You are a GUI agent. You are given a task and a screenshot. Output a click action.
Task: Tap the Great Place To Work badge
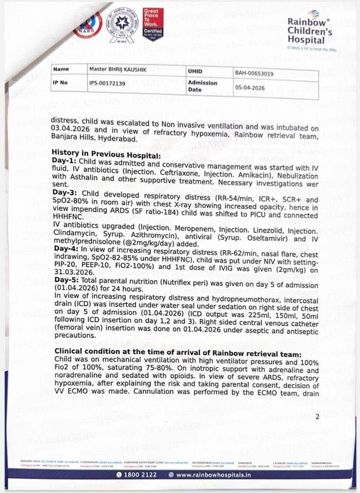[153, 24]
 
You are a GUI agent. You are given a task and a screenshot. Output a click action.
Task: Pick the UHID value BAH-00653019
[254, 73]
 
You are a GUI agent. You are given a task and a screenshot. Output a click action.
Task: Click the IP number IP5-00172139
[107, 83]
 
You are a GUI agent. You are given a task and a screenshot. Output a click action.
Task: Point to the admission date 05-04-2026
[250, 88]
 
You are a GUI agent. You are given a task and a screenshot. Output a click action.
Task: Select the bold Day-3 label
[63, 192]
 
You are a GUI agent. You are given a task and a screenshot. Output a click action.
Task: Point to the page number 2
[317, 417]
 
